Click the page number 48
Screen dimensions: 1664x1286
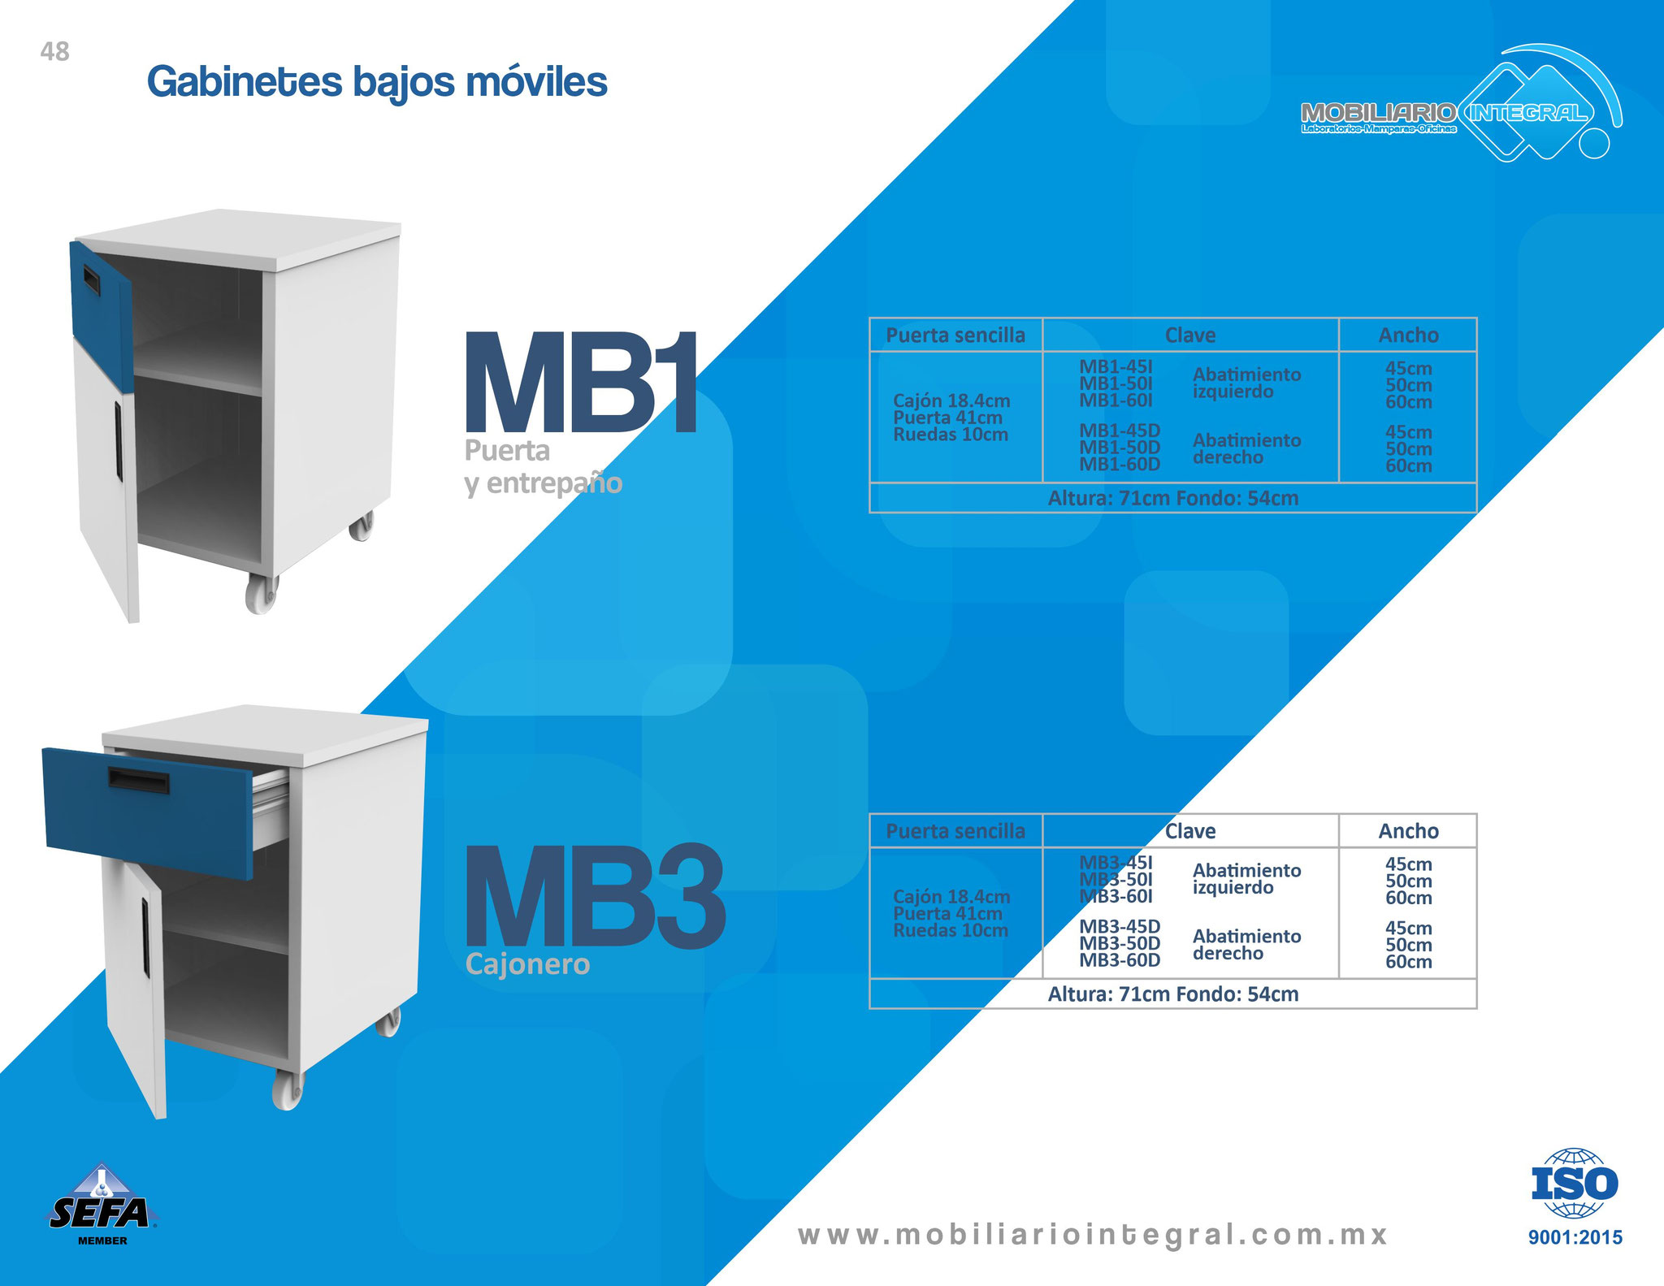(x=54, y=52)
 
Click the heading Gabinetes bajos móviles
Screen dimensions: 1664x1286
(x=377, y=82)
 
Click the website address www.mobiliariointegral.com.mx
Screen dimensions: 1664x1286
(x=1094, y=1235)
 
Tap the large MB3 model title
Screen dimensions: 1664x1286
(x=594, y=896)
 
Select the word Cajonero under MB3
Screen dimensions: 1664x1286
(x=527, y=964)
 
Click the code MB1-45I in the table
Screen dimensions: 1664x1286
(x=1116, y=367)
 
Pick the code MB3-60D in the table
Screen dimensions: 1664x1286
(x=1120, y=960)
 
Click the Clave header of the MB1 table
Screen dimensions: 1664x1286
(x=1190, y=336)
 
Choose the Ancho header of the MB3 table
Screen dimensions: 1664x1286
(x=1408, y=831)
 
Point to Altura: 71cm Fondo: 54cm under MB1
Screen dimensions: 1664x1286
(x=1173, y=498)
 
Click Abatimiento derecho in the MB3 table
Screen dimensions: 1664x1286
(x=1246, y=945)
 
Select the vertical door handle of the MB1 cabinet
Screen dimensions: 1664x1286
(x=119, y=439)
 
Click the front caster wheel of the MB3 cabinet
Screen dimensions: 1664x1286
(x=288, y=1089)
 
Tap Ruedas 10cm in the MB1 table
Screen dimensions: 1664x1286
(x=951, y=435)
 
